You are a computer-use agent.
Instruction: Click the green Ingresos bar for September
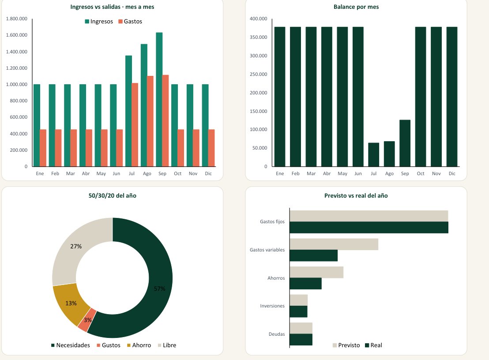(159, 99)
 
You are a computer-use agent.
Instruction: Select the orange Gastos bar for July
(135, 125)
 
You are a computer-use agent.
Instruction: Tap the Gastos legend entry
(130, 22)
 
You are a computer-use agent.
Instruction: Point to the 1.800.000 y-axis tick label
(16, 19)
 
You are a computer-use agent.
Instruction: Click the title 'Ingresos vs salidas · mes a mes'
(112, 7)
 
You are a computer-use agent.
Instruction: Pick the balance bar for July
(374, 154)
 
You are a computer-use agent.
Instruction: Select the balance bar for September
(405, 143)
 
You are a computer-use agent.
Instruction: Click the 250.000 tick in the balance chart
(258, 74)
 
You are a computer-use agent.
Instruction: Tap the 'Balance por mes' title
(356, 7)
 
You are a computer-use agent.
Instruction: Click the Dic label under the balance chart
(452, 174)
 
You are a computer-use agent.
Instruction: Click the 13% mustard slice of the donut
(71, 303)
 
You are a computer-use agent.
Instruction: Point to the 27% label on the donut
(76, 246)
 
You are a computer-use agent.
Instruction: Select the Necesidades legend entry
(71, 345)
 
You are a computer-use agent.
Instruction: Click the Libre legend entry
(167, 345)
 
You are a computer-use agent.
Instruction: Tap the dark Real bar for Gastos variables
(313, 255)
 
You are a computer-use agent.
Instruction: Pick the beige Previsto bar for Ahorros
(316, 272)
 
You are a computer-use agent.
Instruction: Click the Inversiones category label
(272, 306)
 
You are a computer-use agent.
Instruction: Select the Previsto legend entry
(346, 345)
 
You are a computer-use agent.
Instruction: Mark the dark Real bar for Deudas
(301, 340)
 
